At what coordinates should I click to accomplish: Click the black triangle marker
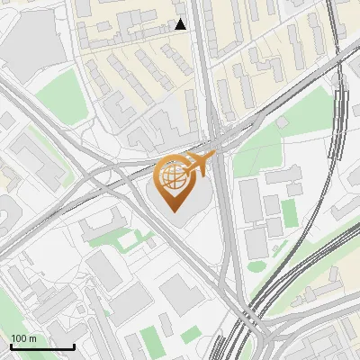click(181, 24)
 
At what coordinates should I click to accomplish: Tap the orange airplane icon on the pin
click(200, 165)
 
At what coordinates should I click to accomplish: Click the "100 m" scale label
click(23, 338)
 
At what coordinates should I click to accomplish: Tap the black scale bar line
click(42, 346)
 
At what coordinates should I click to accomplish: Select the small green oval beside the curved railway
click(256, 265)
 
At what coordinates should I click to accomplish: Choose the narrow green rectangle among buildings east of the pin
click(288, 213)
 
